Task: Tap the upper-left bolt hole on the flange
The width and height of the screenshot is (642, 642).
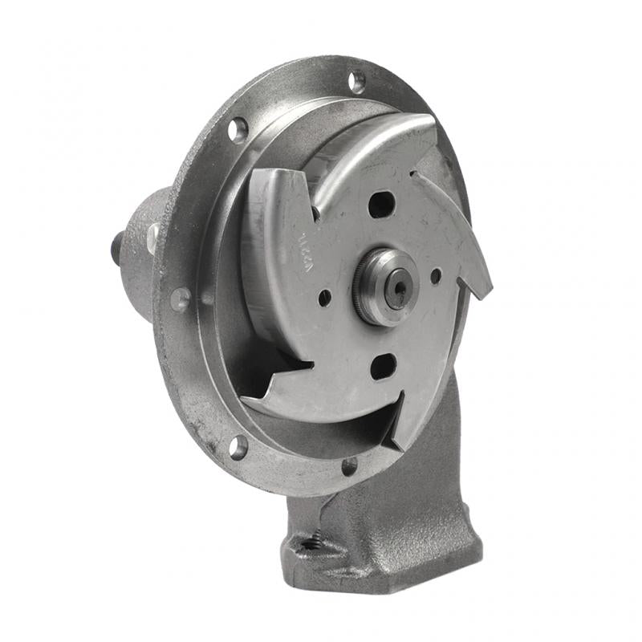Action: (x=238, y=129)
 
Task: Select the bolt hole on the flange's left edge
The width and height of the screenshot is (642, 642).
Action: (x=181, y=299)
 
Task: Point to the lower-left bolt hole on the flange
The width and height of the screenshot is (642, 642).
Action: (x=238, y=447)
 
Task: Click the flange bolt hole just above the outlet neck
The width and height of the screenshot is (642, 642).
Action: (x=349, y=466)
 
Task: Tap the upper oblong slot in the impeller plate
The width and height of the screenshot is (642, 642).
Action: (x=381, y=204)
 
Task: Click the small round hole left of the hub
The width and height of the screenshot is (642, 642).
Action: (x=324, y=298)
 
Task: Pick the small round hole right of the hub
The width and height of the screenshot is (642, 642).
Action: (x=436, y=275)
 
